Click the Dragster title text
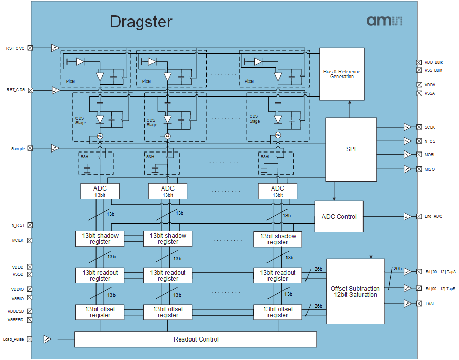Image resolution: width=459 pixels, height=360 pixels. tap(141, 22)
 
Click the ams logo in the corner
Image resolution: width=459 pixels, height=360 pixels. tap(384, 21)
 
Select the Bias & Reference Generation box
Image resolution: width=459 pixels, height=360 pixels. tap(341, 74)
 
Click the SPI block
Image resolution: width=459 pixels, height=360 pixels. tap(351, 149)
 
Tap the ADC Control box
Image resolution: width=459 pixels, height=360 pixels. tap(338, 216)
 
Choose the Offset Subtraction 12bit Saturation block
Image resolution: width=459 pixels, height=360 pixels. tap(355, 291)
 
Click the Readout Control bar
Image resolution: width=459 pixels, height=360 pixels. tap(196, 339)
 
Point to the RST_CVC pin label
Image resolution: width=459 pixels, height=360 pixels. tap(15, 48)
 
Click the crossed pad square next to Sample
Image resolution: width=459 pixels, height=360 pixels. tap(30, 148)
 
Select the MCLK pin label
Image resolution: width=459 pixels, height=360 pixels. tap(18, 240)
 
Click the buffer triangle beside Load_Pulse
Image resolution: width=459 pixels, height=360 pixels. tap(47, 339)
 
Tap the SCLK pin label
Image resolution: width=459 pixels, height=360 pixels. tap(430, 127)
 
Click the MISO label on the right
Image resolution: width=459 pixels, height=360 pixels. tap(430, 169)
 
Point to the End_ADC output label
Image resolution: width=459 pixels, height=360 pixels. tap(433, 216)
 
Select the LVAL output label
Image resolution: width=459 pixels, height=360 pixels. tap(429, 303)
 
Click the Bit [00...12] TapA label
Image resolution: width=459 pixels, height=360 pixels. tap(439, 271)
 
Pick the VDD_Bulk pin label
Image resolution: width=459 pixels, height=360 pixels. tap(433, 62)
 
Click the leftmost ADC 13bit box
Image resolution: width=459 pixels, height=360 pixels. tap(100, 191)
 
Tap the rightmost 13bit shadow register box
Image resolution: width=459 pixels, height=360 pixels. tap(277, 239)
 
